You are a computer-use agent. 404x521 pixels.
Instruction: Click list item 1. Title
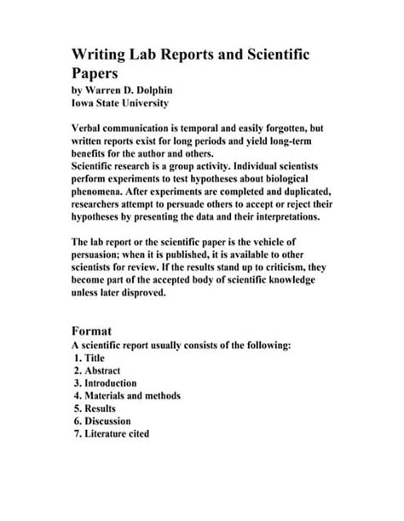click(x=89, y=358)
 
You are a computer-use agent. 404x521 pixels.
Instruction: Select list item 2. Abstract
click(x=97, y=371)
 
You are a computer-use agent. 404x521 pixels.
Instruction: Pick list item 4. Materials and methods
click(x=127, y=396)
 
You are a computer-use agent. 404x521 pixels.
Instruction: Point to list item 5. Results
click(x=96, y=409)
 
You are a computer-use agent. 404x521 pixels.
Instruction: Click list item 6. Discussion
click(x=102, y=421)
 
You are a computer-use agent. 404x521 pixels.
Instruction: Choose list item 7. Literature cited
click(x=112, y=433)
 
